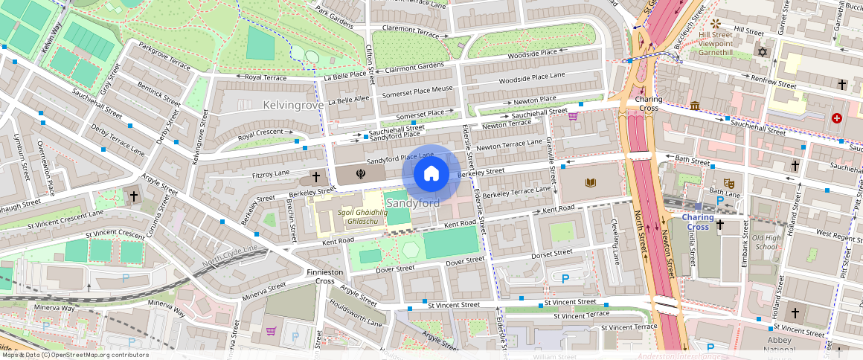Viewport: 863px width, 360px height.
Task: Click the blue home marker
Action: (431, 174)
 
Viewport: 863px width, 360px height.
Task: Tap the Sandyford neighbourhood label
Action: (412, 202)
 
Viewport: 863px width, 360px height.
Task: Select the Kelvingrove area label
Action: (293, 105)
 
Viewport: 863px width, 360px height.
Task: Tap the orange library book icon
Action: (591, 182)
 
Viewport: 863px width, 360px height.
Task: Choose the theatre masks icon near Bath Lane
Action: (730, 182)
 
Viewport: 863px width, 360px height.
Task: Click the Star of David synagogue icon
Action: (760, 52)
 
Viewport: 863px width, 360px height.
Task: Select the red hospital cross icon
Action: (837, 118)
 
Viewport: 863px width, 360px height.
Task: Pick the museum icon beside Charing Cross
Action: (694, 106)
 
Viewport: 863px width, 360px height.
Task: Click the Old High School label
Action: (766, 242)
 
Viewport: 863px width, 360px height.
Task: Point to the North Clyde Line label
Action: (229, 257)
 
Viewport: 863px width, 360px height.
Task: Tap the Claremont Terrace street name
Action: (410, 33)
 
